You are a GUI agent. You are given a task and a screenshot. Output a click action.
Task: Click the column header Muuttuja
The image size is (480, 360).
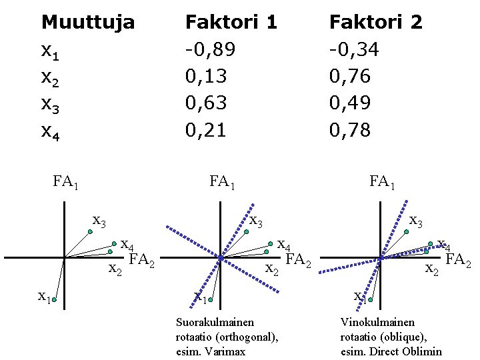87,23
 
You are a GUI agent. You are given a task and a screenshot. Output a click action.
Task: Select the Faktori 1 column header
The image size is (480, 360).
231,23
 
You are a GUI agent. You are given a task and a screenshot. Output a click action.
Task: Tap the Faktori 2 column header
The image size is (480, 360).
376,23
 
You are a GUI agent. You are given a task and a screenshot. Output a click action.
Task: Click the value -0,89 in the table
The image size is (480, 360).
210,50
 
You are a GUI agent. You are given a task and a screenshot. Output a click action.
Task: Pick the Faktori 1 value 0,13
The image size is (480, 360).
206,77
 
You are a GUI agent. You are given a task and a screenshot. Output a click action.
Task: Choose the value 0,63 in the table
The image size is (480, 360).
206,103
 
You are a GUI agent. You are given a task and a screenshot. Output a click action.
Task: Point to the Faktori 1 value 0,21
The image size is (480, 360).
206,130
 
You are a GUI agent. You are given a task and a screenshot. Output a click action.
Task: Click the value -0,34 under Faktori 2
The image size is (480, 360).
354,50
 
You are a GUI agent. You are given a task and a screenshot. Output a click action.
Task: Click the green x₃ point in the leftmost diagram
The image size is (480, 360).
90,232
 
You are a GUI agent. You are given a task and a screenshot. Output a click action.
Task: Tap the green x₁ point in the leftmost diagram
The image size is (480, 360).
53,301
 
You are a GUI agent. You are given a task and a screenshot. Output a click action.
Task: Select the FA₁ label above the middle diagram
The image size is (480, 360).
221,182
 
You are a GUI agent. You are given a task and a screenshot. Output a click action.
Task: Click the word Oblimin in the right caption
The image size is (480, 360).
423,351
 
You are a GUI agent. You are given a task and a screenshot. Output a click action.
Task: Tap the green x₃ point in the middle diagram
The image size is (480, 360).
246,232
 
